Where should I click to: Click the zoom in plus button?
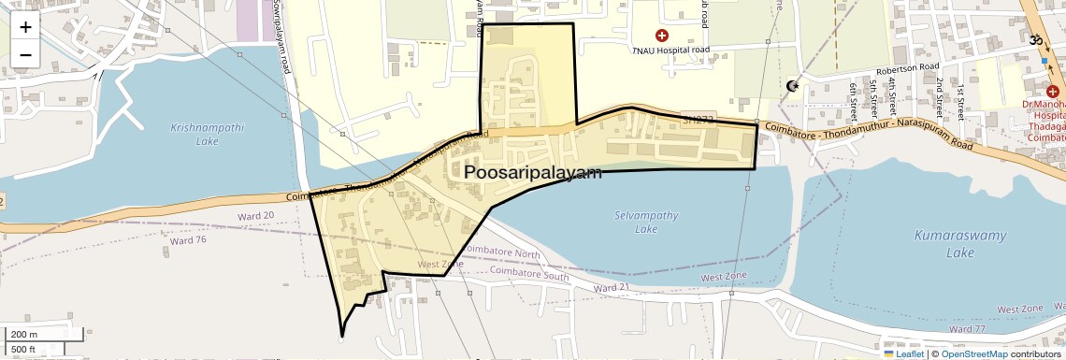coord(25,27)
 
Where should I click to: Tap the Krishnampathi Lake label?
coord(194,134)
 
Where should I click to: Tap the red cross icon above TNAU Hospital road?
coord(662,36)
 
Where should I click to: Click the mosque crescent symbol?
coord(793,86)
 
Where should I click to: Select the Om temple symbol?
coord(1035,40)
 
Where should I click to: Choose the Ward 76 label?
coord(189,240)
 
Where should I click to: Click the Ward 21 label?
coord(612,287)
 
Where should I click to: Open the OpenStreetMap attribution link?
coord(973,354)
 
